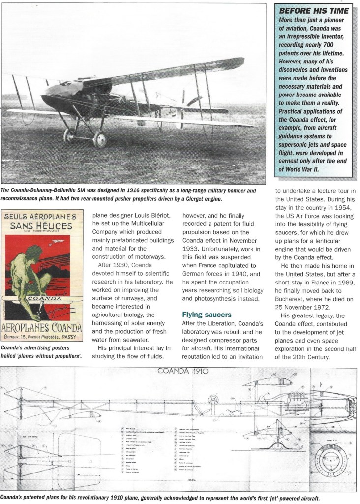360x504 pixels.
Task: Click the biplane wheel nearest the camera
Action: pos(99,139)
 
